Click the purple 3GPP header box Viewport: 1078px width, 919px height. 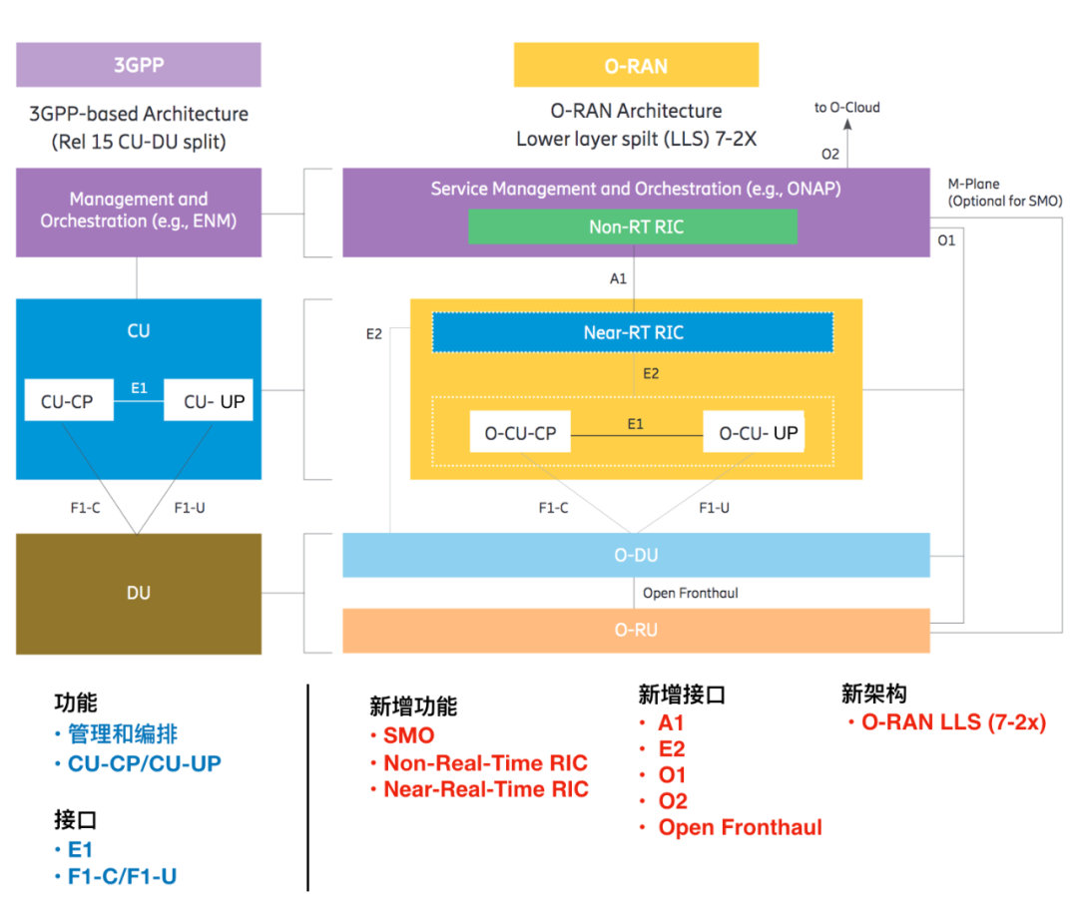point(138,65)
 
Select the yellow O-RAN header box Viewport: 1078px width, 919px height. point(636,66)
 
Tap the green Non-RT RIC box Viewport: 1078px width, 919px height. point(633,227)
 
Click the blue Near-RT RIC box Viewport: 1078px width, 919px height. point(633,332)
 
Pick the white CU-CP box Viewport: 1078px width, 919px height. point(67,402)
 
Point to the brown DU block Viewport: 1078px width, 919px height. point(138,593)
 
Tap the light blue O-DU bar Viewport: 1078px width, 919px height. point(636,555)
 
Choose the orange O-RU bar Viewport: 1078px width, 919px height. point(636,631)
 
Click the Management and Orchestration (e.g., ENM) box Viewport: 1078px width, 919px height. point(138,211)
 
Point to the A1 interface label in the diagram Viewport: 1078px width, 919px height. point(618,278)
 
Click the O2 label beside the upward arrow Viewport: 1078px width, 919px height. point(829,154)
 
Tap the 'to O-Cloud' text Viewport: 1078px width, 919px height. point(846,107)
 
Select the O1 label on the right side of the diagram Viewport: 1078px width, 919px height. point(946,240)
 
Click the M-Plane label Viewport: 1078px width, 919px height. point(973,184)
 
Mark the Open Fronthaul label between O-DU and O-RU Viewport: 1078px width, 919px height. point(690,593)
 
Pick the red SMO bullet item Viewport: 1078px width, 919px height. point(409,735)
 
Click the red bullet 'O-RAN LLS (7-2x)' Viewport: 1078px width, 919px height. point(952,722)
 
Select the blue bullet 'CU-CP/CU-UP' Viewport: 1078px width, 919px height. point(144,763)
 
